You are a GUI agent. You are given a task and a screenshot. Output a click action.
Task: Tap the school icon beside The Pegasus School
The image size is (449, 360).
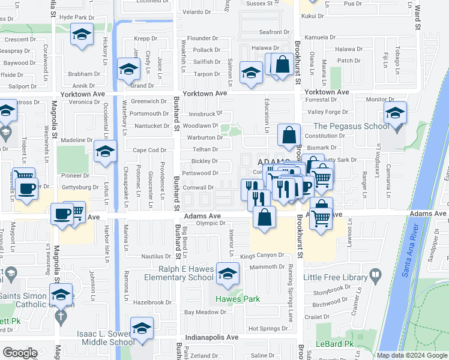click(x=396, y=113)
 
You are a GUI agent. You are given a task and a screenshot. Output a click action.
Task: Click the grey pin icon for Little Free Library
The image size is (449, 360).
click(x=376, y=276)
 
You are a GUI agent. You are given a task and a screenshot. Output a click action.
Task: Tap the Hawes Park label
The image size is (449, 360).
click(x=235, y=299)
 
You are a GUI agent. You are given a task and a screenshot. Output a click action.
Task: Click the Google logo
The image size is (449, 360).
click(x=19, y=353)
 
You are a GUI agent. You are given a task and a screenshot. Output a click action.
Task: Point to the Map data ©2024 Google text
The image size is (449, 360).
click(x=412, y=355)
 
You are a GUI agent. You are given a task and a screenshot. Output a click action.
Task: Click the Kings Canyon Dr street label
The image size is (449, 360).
click(x=262, y=256)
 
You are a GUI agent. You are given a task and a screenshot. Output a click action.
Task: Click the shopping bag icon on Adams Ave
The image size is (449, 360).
click(x=264, y=217)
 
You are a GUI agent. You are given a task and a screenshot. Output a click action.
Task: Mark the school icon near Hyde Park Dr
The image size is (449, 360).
click(x=81, y=35)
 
